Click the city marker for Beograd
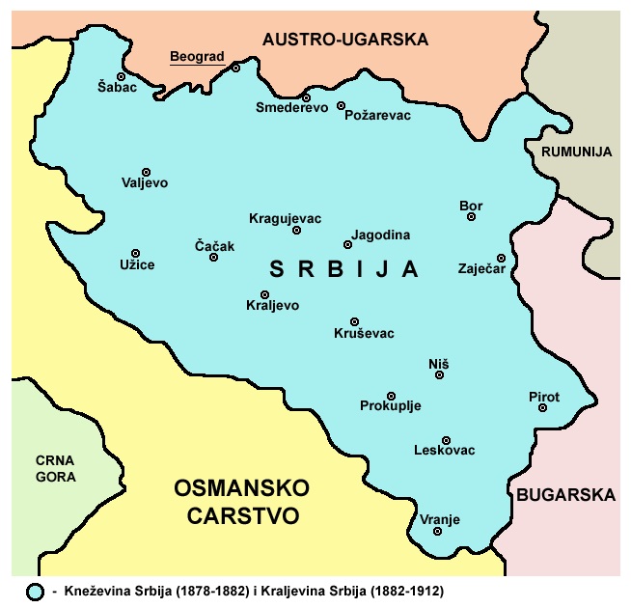(x=235, y=68)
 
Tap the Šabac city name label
(x=118, y=88)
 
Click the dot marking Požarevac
(x=342, y=105)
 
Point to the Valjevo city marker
(x=146, y=172)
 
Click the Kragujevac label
(x=285, y=217)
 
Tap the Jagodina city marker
(x=347, y=244)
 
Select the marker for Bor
(x=471, y=217)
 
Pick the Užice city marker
(x=135, y=253)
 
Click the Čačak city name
(x=214, y=246)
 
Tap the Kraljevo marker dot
(x=264, y=294)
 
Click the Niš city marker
(x=439, y=375)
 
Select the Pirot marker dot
(x=543, y=408)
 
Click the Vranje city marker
(x=438, y=531)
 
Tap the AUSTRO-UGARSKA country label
(x=344, y=40)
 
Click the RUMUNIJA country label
(x=577, y=152)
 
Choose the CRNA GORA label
(x=55, y=468)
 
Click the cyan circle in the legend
(x=36, y=590)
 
